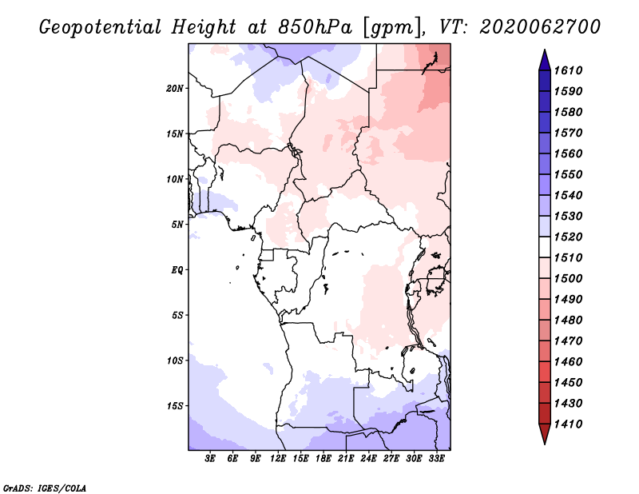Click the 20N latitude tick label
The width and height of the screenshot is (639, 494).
tap(176, 88)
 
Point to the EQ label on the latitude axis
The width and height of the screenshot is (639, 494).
tap(177, 270)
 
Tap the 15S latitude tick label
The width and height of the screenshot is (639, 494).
tap(176, 406)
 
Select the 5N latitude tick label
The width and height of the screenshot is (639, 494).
tap(178, 225)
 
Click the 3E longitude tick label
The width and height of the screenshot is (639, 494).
tap(211, 460)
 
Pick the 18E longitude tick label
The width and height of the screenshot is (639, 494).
tap(323, 460)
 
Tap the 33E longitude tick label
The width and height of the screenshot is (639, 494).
tap(436, 460)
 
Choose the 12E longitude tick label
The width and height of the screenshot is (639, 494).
tap(279, 460)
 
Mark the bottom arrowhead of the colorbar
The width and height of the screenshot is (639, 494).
tap(544, 436)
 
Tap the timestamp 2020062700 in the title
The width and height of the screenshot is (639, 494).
tap(540, 27)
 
